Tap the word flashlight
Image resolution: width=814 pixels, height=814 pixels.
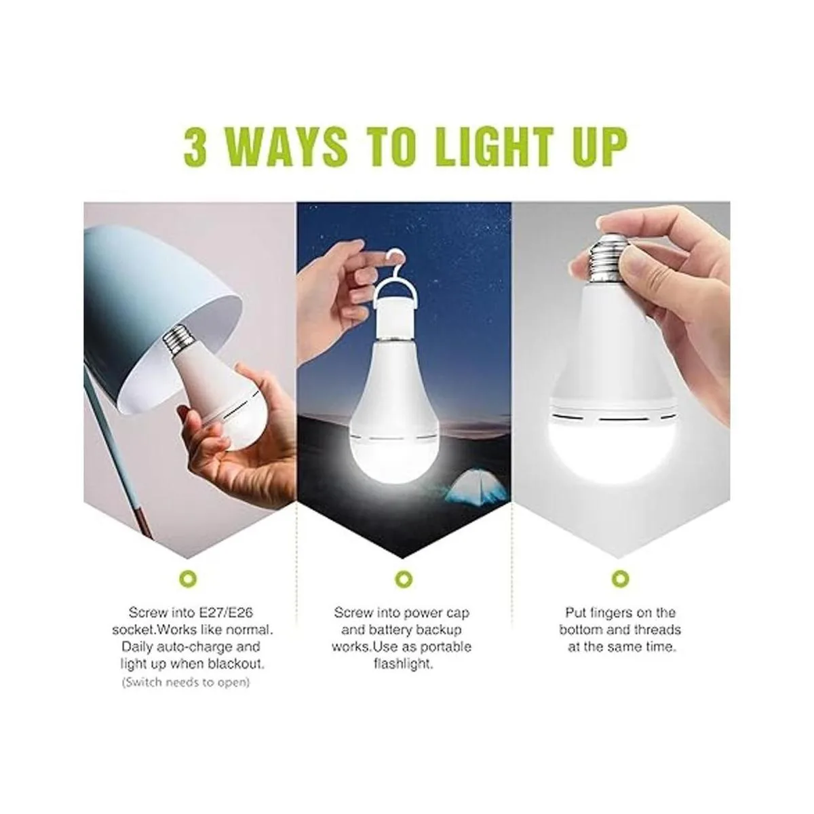click(x=404, y=663)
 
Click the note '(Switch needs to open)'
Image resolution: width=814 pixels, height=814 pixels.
click(x=186, y=682)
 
